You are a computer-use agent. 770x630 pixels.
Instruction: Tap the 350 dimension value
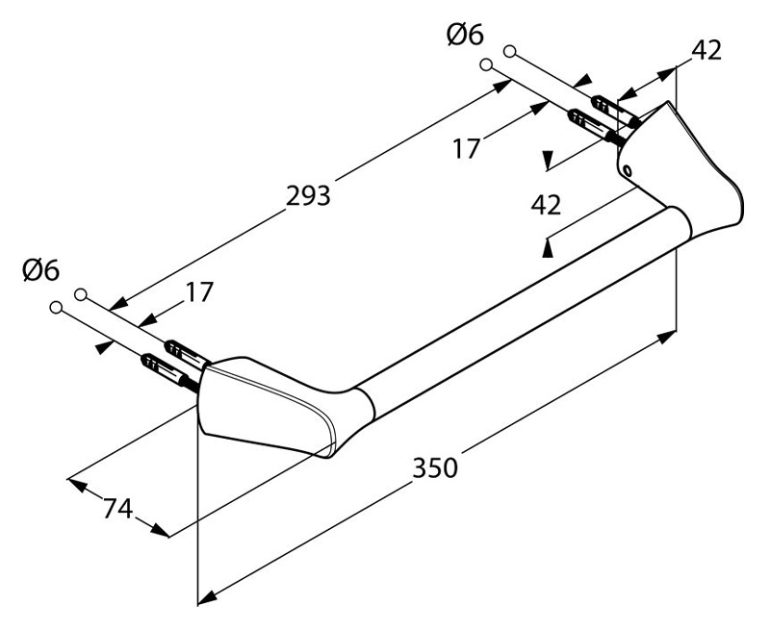pyautogui.click(x=435, y=467)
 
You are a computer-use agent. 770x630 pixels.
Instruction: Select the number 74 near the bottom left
pyautogui.click(x=117, y=508)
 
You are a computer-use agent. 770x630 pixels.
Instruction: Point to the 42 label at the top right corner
pyautogui.click(x=706, y=50)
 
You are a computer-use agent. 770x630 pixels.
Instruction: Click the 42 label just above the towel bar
pyautogui.click(x=546, y=205)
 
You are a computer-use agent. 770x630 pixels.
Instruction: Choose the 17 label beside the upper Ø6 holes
pyautogui.click(x=465, y=149)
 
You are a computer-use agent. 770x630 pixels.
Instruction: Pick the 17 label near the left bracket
pyautogui.click(x=199, y=292)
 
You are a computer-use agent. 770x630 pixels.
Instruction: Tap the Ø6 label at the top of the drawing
pyautogui.click(x=465, y=36)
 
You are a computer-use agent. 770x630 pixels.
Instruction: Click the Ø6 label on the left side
pyautogui.click(x=40, y=270)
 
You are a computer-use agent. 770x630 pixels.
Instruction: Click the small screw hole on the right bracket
pyautogui.click(x=628, y=170)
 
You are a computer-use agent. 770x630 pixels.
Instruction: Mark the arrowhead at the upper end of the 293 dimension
pyautogui.click(x=501, y=87)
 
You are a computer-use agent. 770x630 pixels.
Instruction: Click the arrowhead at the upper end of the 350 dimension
pyautogui.click(x=667, y=338)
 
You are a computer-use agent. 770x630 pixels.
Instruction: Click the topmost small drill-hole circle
pyautogui.click(x=510, y=51)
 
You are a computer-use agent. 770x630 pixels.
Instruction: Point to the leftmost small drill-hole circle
pyautogui.click(x=56, y=308)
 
